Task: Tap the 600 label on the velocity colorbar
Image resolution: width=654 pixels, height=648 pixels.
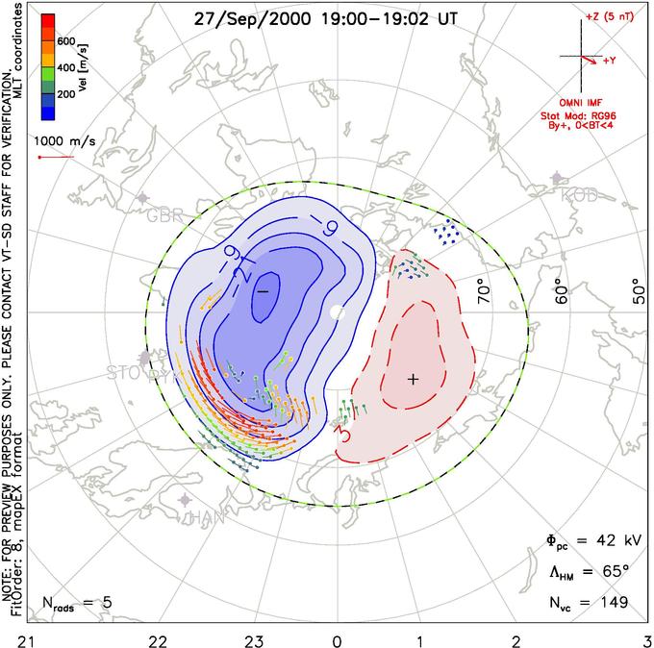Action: [x=66, y=41]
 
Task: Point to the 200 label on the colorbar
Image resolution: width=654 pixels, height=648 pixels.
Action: [x=66, y=95]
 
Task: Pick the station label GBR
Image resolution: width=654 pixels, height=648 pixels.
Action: [x=164, y=215]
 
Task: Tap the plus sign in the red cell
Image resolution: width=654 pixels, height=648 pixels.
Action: [x=414, y=379]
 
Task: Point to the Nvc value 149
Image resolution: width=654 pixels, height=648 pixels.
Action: [x=612, y=603]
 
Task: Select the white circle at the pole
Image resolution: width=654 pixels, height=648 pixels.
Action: [x=337, y=312]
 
